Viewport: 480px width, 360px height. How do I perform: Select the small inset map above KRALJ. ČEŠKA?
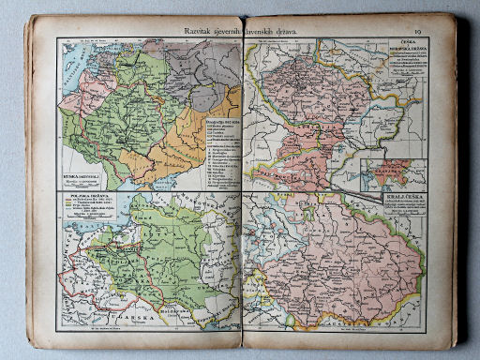(393, 175)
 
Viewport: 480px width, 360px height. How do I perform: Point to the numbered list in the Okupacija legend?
(210, 150)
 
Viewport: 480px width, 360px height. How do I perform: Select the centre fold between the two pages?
(243, 187)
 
